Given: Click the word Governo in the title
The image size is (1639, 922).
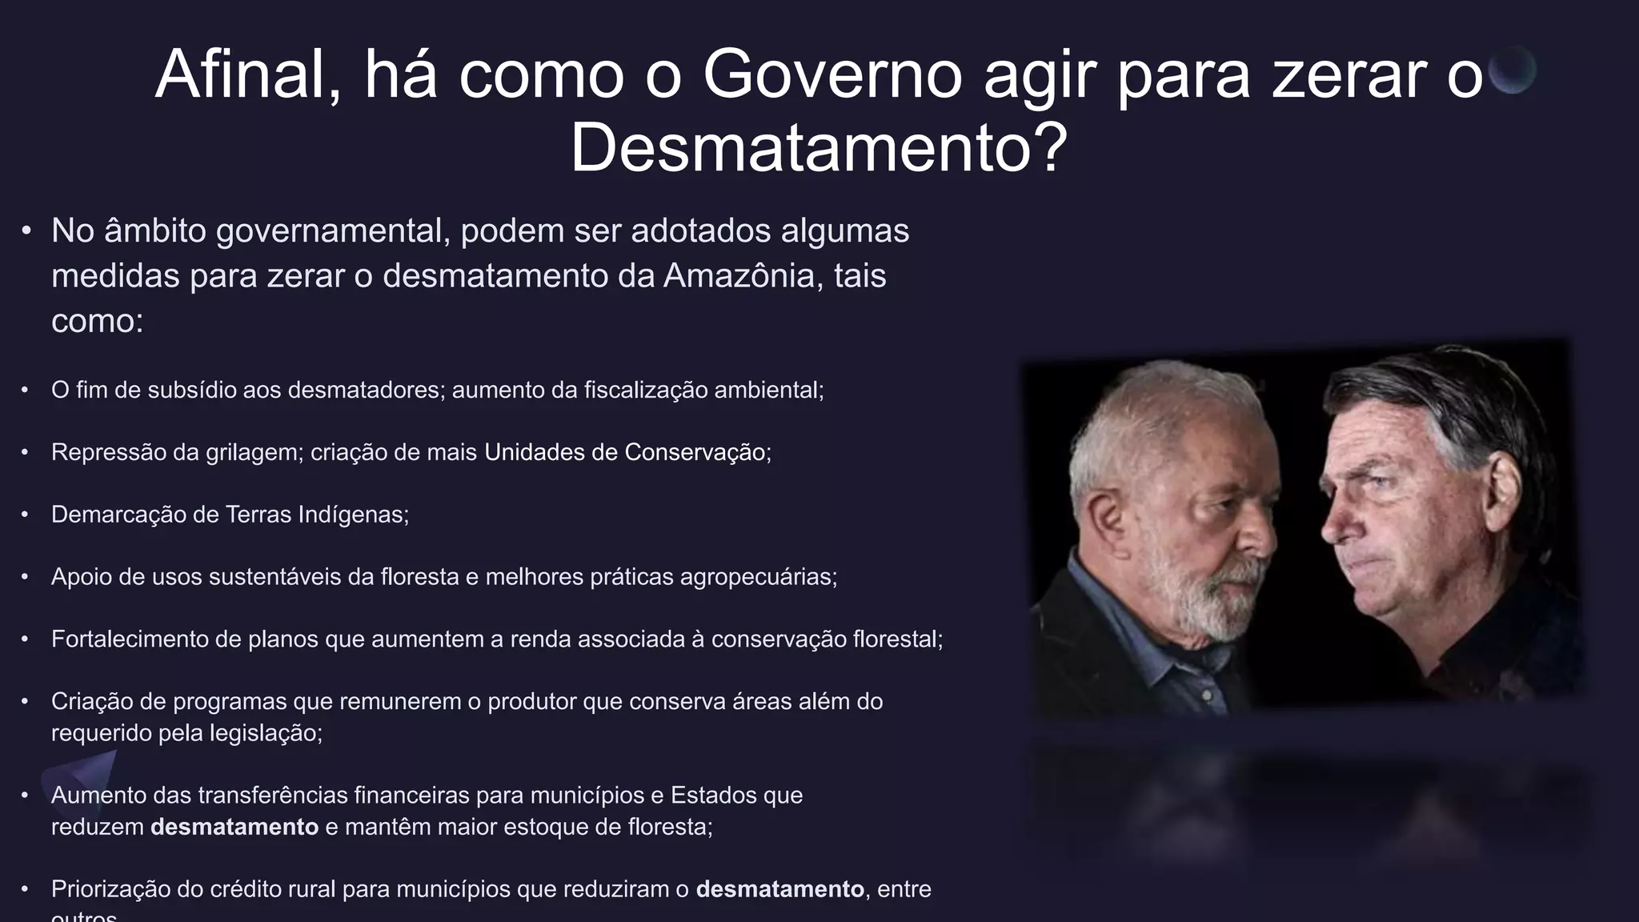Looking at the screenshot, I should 832,75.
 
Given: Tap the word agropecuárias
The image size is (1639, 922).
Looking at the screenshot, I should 758,577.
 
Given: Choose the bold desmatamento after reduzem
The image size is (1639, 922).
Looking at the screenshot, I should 234,827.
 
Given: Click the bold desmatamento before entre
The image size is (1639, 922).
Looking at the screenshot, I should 779,889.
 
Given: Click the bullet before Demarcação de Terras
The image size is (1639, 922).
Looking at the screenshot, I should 25,515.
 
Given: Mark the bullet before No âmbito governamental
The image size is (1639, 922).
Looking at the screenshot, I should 26,231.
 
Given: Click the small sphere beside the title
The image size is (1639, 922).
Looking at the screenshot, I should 1512,70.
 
